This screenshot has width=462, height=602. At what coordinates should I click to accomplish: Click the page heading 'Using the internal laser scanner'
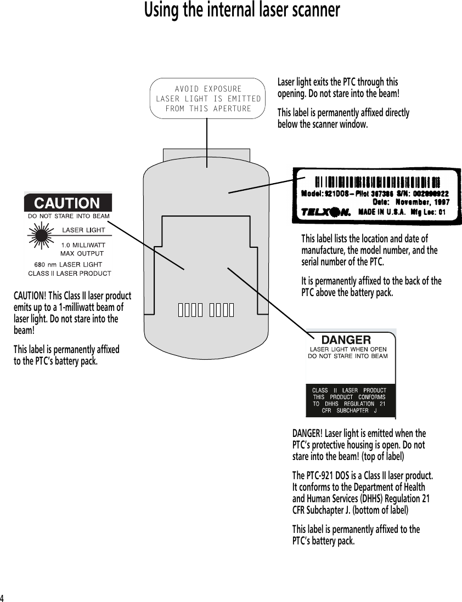click(x=241, y=10)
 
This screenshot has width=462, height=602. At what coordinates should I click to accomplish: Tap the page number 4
click(x=3, y=597)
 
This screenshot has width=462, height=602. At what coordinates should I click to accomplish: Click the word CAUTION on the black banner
click(x=67, y=203)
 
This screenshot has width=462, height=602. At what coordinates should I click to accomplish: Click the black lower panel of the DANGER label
click(x=350, y=400)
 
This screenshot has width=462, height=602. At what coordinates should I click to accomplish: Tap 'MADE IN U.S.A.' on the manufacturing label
click(x=382, y=212)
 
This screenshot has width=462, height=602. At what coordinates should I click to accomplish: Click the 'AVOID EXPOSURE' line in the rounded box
click(x=208, y=89)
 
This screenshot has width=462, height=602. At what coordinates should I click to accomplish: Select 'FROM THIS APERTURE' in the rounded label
click(x=208, y=109)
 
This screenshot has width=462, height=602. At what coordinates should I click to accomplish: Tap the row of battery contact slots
click(x=206, y=310)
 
